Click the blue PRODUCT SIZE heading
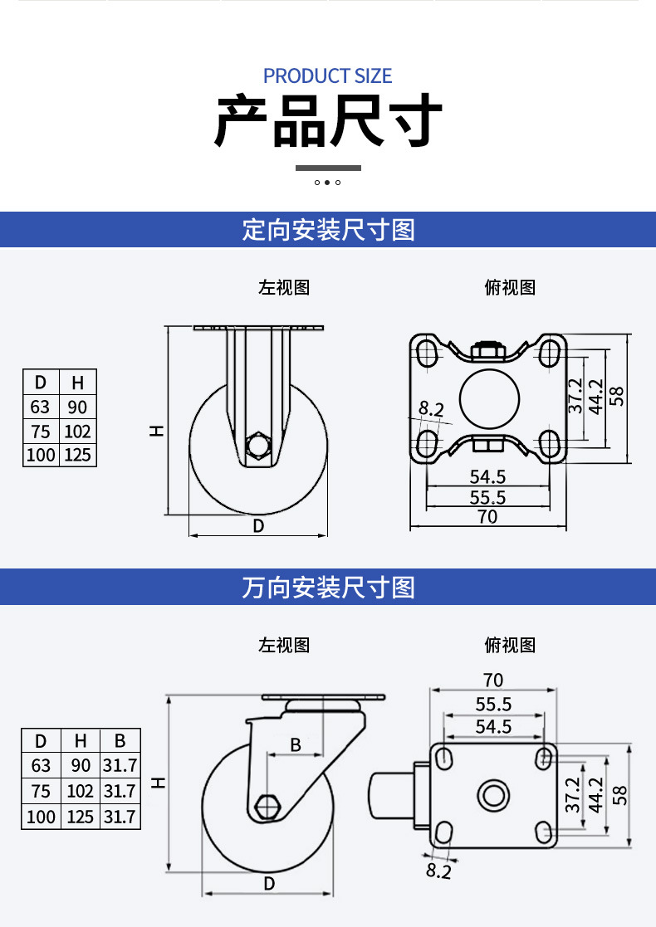[328, 76]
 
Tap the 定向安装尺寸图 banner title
[328, 230]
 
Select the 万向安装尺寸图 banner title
[328, 588]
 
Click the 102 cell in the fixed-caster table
[77, 431]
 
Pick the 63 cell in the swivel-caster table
[41, 766]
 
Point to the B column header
[120, 741]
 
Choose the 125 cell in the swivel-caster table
[80, 817]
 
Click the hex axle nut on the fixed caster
[258, 445]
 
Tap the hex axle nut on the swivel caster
[267, 807]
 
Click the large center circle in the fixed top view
[489, 400]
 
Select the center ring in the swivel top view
[493, 795]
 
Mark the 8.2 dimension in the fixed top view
[431, 409]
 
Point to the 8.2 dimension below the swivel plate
[438, 871]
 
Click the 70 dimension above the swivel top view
[492, 681]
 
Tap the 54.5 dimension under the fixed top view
[487, 476]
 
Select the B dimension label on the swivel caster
[296, 745]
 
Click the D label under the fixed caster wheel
[258, 525]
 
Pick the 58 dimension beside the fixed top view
[616, 396]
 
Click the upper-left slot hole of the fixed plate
[427, 354]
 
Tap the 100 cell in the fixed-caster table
[41, 456]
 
